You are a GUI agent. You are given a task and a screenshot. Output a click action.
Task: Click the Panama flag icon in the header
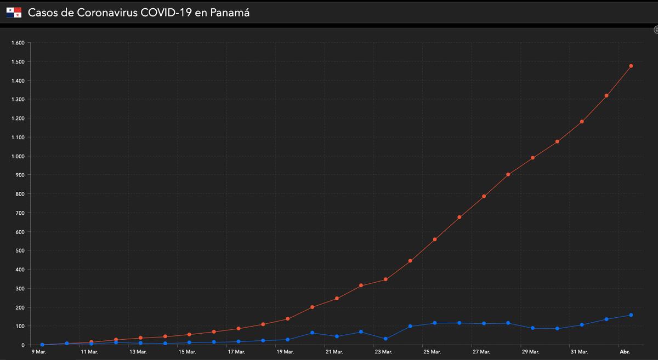(14, 12)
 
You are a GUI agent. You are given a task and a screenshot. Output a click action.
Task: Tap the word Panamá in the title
(230, 12)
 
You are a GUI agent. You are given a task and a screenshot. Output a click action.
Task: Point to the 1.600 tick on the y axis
(18, 43)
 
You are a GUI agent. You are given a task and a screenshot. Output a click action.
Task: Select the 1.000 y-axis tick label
(18, 156)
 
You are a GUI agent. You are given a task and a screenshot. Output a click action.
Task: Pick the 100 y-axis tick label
(20, 326)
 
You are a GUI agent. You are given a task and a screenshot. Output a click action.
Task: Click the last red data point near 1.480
(631, 66)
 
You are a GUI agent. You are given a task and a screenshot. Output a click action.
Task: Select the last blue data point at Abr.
(631, 315)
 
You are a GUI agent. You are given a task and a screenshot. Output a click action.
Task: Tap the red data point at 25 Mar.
(435, 239)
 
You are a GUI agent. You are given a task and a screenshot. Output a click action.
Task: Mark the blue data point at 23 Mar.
(385, 339)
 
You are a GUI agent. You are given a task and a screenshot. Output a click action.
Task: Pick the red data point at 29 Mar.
(532, 158)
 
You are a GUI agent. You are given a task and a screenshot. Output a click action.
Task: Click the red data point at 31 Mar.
(582, 122)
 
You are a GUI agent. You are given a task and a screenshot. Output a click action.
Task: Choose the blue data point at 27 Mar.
(484, 324)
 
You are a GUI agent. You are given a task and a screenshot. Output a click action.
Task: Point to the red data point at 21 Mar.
(337, 299)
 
